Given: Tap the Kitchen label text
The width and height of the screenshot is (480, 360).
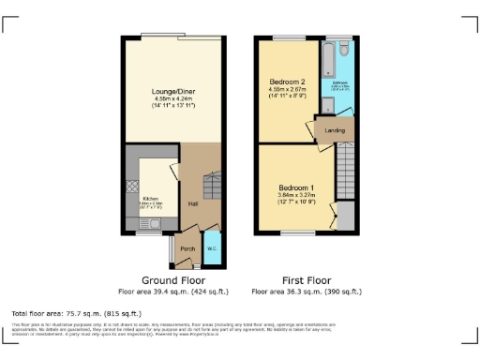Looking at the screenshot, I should (x=150, y=199).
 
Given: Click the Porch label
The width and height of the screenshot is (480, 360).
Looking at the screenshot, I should (x=187, y=249).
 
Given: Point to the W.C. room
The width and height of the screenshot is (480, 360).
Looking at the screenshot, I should (x=212, y=248).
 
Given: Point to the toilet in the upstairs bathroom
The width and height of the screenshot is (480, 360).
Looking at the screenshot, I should (x=344, y=47).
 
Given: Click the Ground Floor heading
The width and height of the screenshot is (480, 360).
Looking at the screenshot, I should (x=174, y=280).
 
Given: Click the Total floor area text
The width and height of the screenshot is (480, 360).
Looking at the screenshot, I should (x=76, y=312).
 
